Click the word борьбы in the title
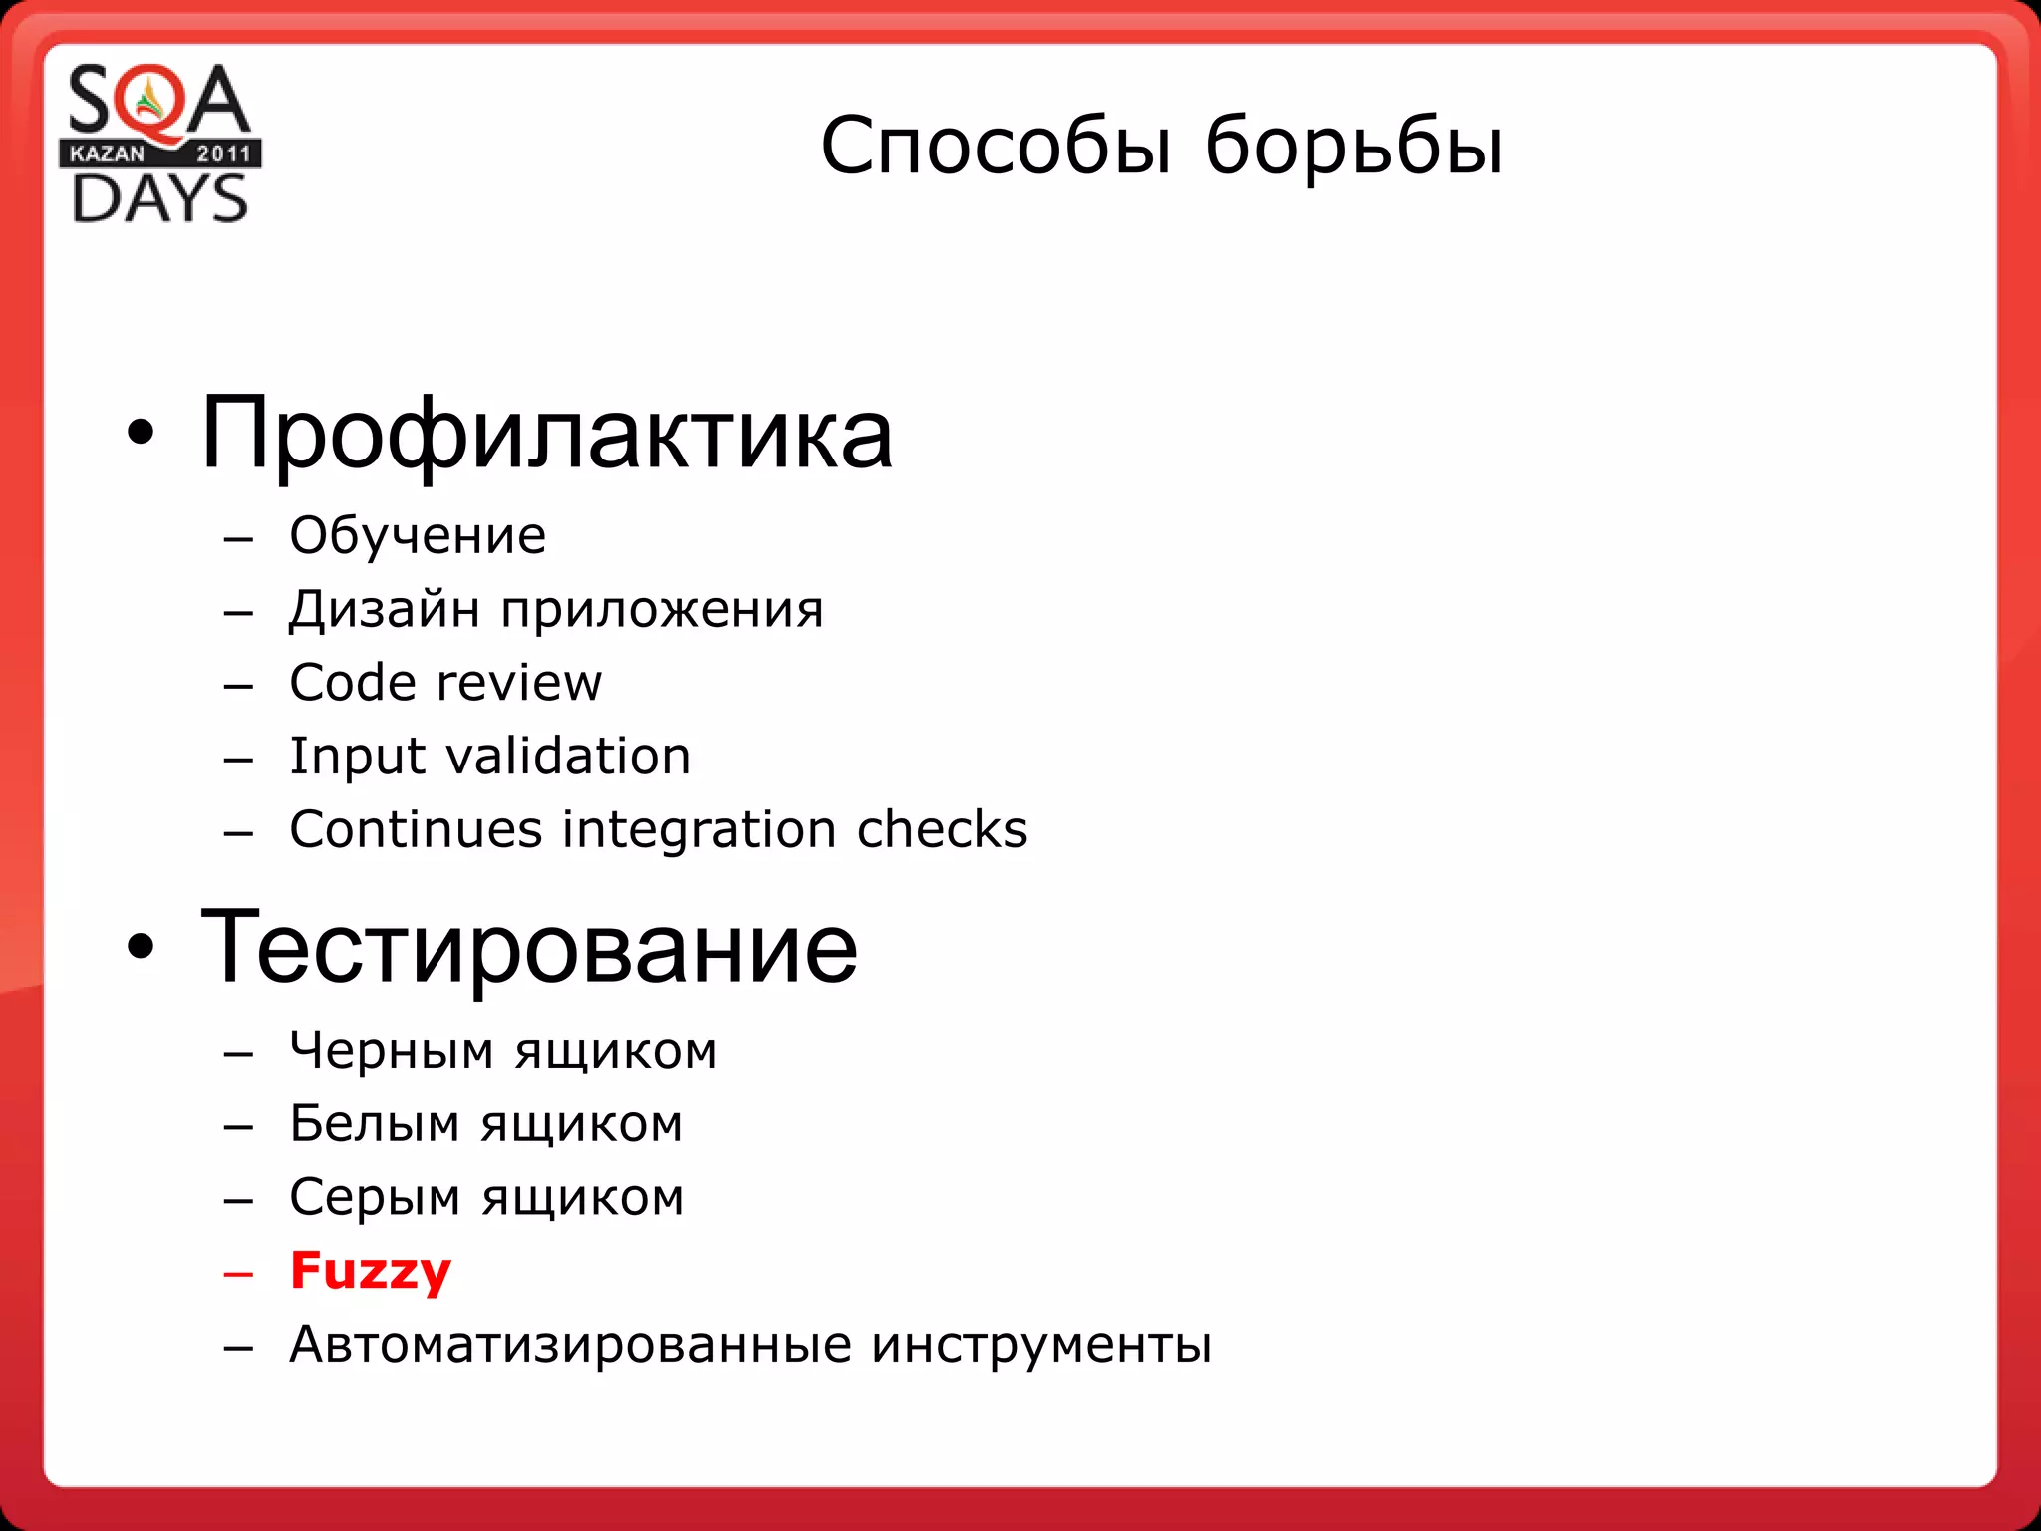pyautogui.click(x=1353, y=147)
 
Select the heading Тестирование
pyautogui.click(x=528, y=947)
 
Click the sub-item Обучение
pyautogui.click(x=418, y=536)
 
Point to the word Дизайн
pyautogui.click(x=384, y=609)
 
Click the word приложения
pyautogui.click(x=662, y=611)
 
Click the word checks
pyautogui.click(x=942, y=829)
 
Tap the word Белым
pyautogui.click(x=375, y=1124)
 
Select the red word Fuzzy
pyautogui.click(x=371, y=1272)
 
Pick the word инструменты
pyautogui.click(x=1041, y=1345)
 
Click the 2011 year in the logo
pyautogui.click(x=223, y=153)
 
